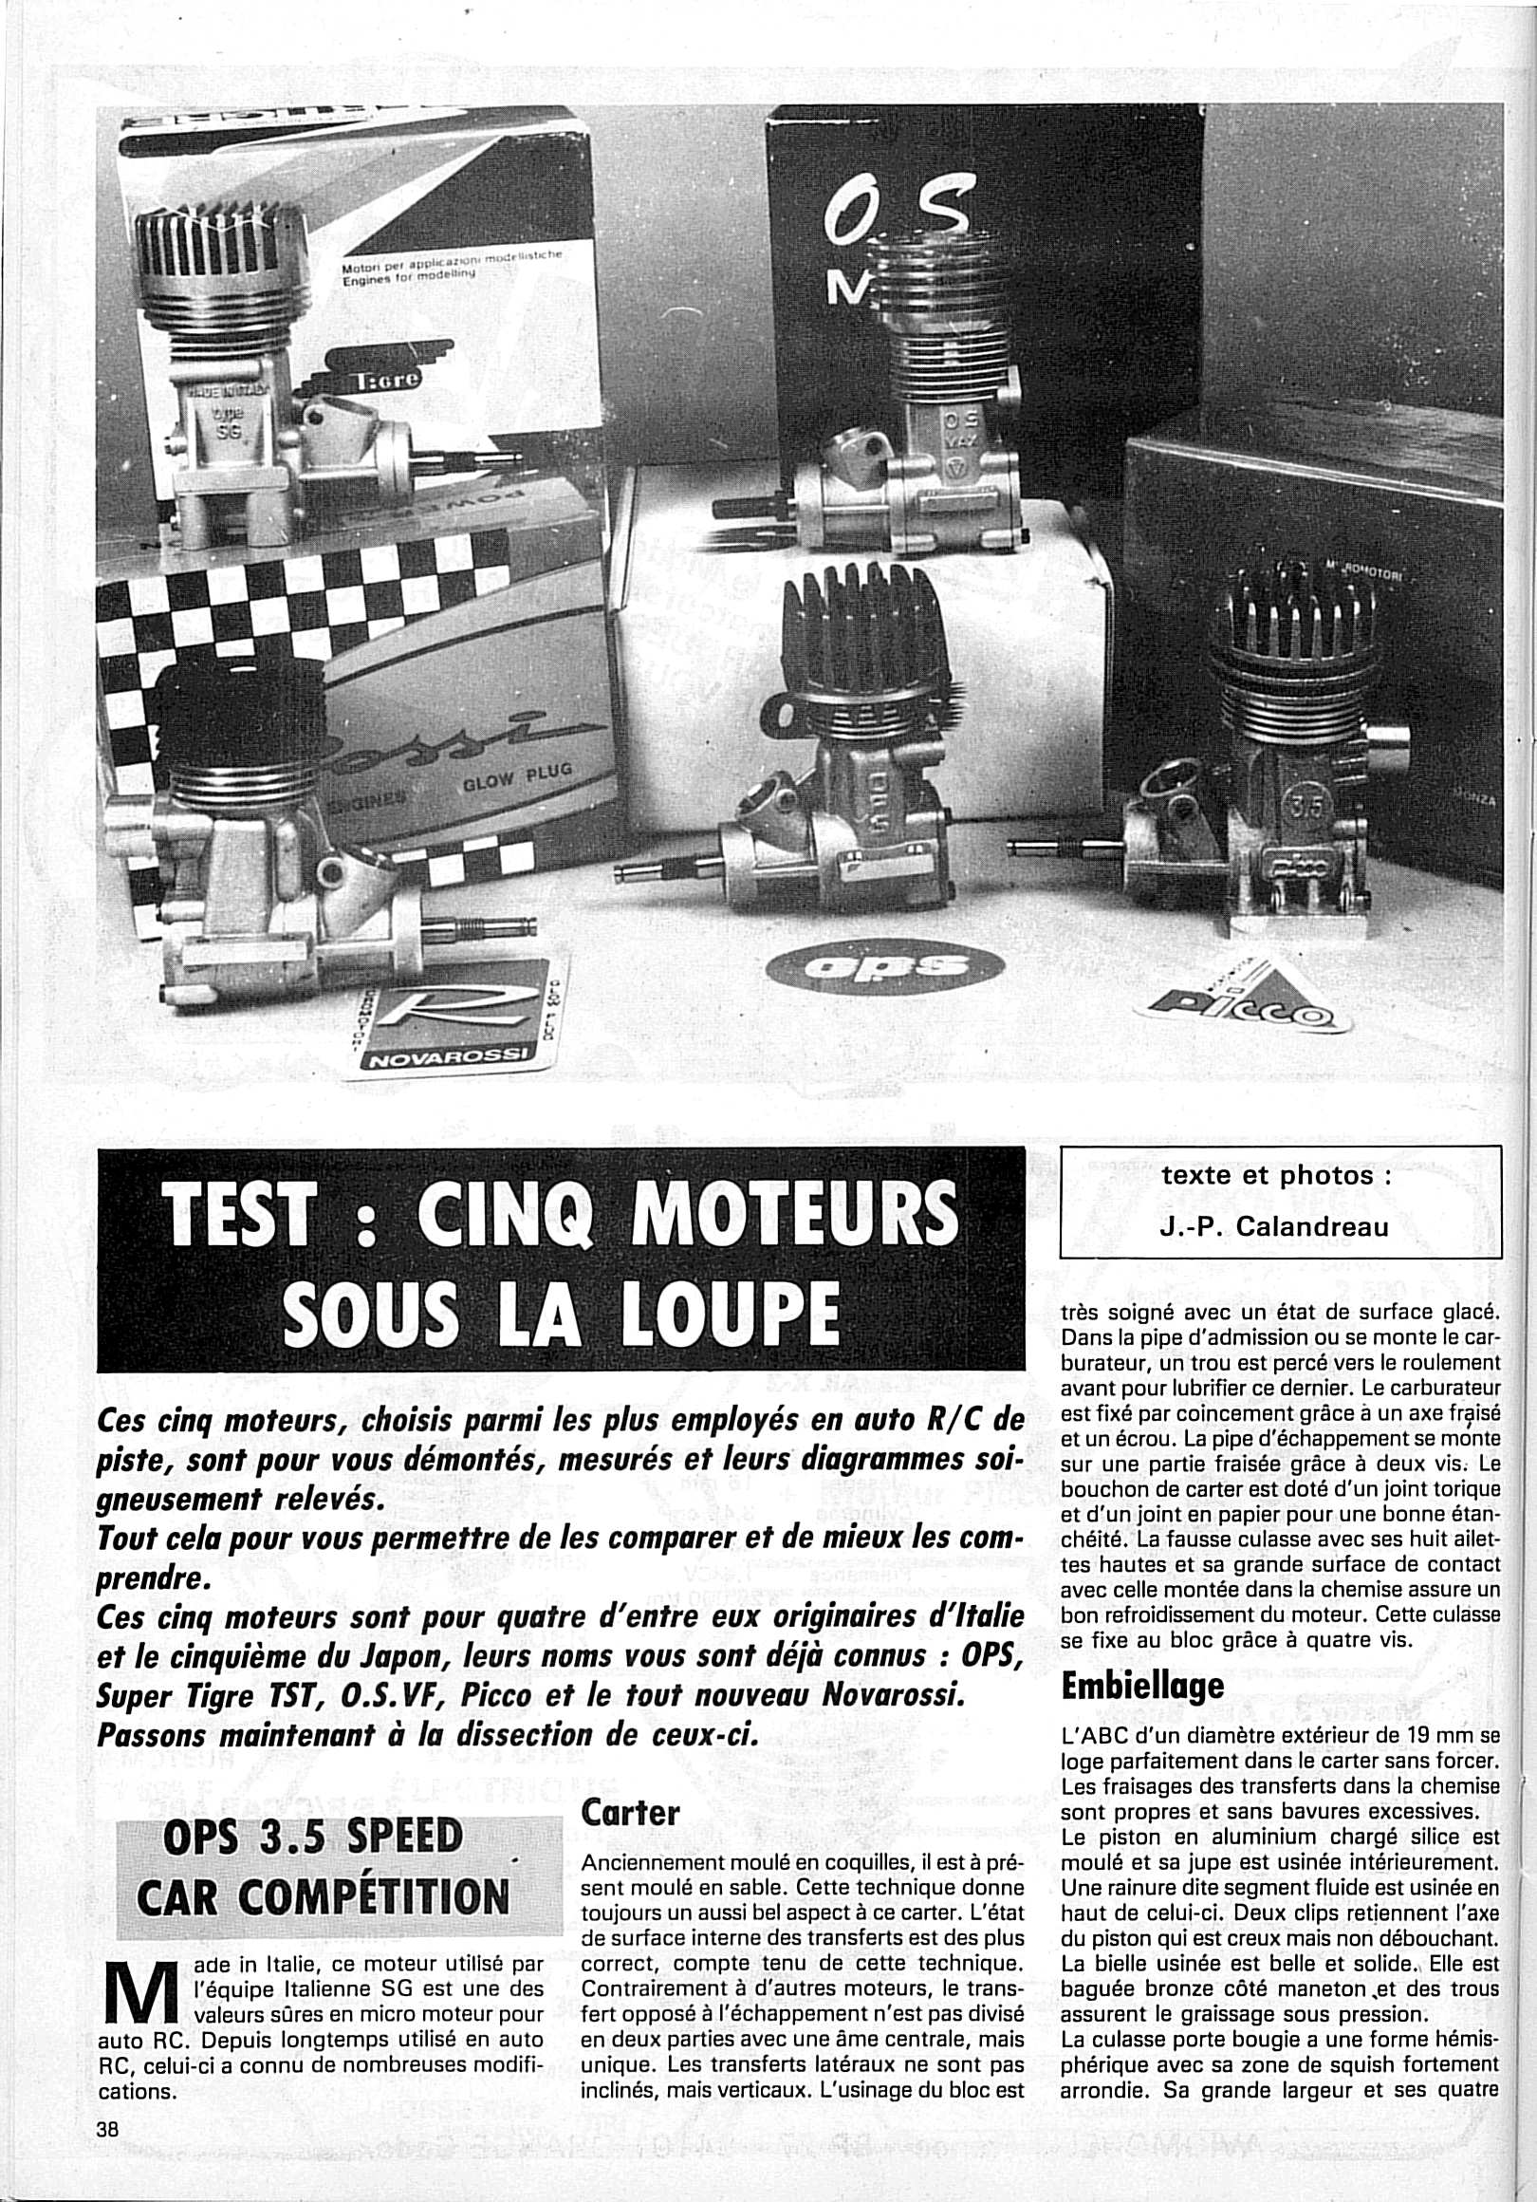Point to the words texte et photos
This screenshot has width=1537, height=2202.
tap(1275, 1176)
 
